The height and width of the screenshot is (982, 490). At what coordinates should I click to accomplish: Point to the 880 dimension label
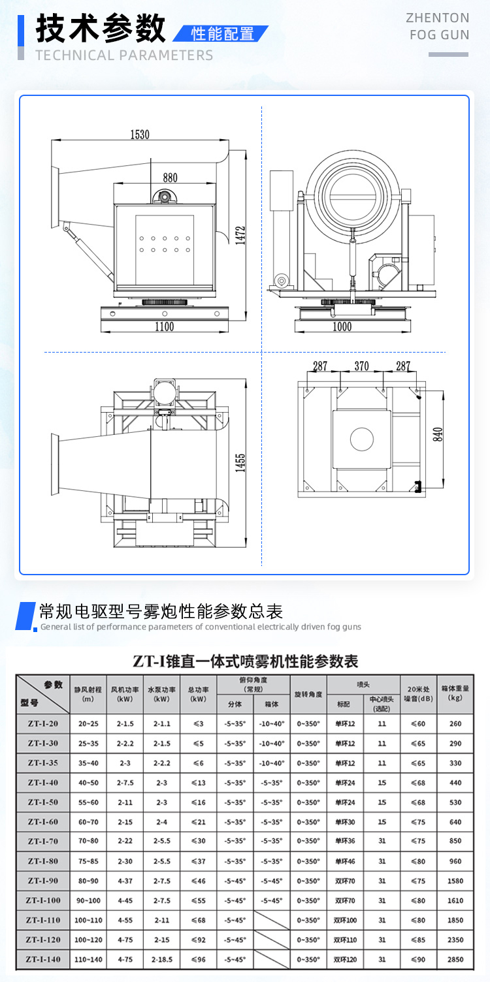[170, 178]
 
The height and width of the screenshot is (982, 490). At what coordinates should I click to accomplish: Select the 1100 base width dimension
[165, 326]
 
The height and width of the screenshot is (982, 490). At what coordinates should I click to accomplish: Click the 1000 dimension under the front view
[342, 326]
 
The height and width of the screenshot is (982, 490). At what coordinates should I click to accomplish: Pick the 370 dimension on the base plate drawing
[361, 366]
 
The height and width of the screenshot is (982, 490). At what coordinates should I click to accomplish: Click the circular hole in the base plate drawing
[361, 438]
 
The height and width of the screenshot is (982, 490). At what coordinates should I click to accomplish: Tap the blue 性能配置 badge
[222, 34]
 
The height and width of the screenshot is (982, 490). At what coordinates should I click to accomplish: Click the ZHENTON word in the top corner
[437, 18]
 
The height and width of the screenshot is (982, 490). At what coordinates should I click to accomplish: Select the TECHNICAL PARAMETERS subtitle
[124, 55]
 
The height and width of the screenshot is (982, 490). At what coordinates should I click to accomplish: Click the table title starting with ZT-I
[245, 661]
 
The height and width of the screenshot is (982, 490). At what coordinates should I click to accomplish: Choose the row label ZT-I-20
[43, 723]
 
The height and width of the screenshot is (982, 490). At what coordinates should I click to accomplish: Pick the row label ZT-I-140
[43, 959]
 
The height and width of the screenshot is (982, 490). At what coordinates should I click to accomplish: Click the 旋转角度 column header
[308, 694]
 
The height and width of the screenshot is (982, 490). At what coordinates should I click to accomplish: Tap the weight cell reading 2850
[455, 959]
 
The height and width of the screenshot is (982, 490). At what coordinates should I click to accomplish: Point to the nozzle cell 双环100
[345, 920]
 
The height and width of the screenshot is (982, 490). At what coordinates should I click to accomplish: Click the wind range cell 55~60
[88, 802]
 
